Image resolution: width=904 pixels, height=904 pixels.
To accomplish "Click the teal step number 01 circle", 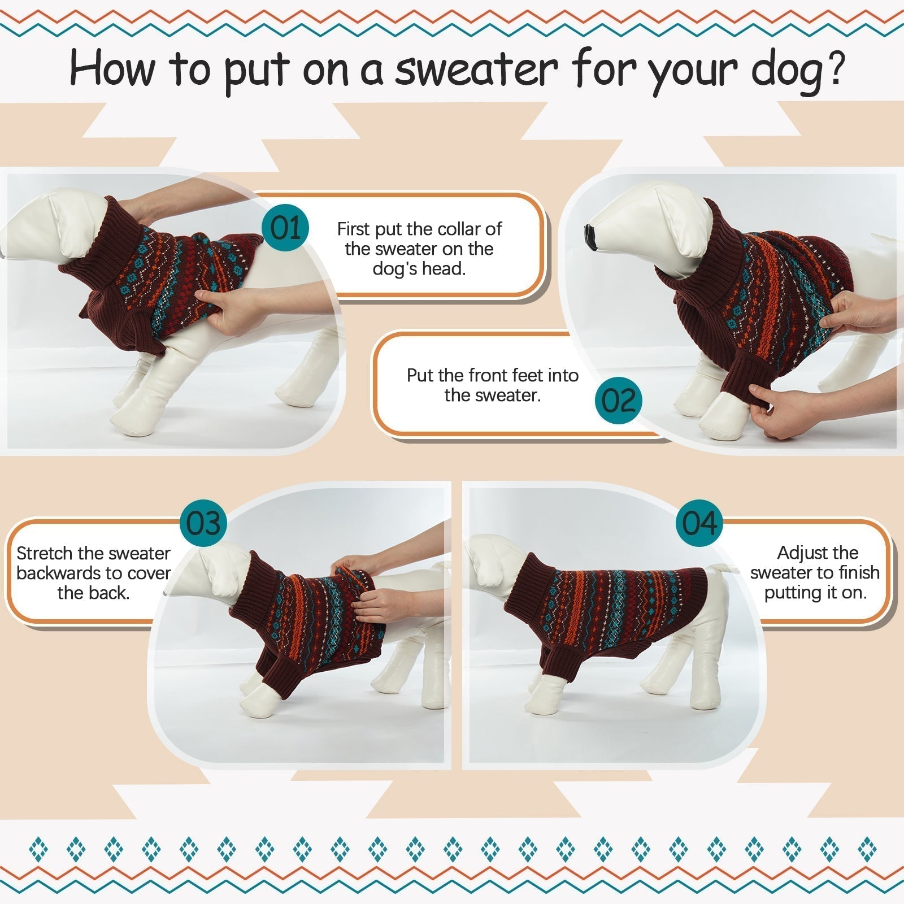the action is pyautogui.click(x=286, y=228).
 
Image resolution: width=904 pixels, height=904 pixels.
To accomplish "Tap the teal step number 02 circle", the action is pyautogui.click(x=619, y=401).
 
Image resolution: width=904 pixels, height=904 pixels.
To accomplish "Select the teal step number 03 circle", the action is pyautogui.click(x=203, y=523).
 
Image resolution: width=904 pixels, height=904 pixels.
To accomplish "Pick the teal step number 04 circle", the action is pyautogui.click(x=699, y=523).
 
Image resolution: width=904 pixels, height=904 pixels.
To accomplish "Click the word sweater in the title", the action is pyautogui.click(x=476, y=69).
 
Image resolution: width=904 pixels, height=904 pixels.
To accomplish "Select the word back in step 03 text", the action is pyautogui.click(x=111, y=593).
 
